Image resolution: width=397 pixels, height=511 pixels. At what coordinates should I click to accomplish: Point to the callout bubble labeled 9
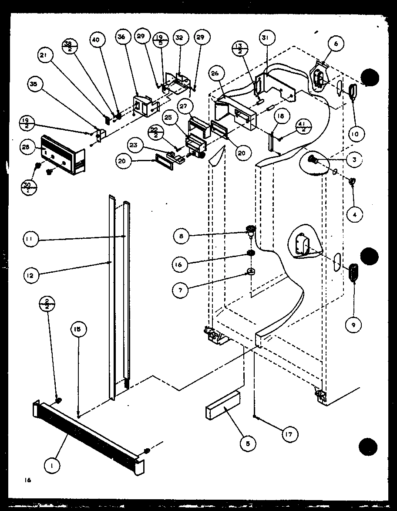354,324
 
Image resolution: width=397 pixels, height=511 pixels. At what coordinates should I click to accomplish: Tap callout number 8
180,237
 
